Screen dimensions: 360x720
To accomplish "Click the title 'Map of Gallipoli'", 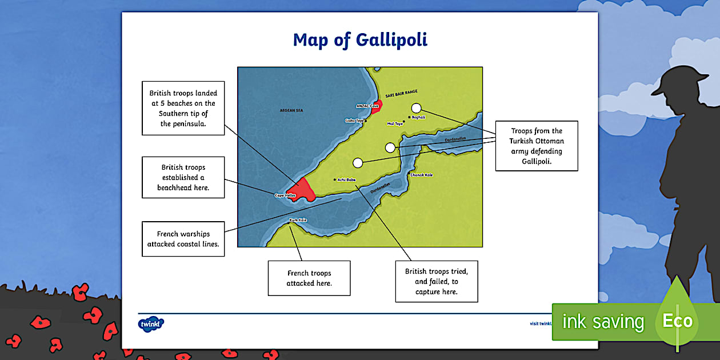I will click(360, 40).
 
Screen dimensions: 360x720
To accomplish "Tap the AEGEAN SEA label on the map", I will click(291, 110).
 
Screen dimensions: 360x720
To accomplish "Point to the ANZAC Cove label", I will click(367, 106).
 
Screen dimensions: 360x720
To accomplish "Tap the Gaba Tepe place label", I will click(354, 121).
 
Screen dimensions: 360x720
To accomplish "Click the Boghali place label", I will click(418, 117).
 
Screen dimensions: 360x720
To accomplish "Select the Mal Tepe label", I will click(395, 123).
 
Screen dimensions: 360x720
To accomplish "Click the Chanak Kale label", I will click(422, 175).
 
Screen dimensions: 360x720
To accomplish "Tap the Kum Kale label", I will click(298, 220).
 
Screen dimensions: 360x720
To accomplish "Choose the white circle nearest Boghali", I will click(416, 108).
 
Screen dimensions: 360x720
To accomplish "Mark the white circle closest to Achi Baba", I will click(358, 163).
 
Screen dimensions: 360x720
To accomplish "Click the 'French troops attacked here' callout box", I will click(309, 278).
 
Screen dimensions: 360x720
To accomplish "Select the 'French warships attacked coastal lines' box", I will click(183, 239).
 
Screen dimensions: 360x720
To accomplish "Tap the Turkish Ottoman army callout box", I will click(537, 146).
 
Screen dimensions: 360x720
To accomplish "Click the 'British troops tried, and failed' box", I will click(437, 282).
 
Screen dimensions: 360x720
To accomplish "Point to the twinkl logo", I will click(151, 324).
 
